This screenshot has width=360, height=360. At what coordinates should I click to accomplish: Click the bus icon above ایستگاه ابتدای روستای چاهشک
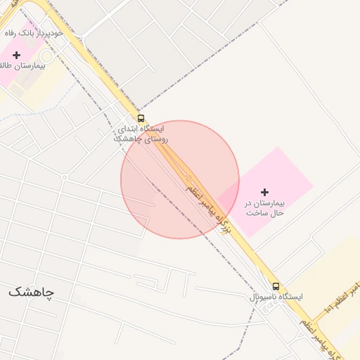[x=141, y=118]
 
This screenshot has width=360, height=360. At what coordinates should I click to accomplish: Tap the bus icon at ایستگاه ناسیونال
[x=276, y=286]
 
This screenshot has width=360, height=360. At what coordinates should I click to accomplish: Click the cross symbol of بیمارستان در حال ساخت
[x=264, y=192]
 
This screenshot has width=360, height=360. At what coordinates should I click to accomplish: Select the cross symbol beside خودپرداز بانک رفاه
[x=16, y=54]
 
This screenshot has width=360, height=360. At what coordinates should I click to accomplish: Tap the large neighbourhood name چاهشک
[x=31, y=291]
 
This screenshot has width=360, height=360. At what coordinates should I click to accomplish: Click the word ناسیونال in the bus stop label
[x=263, y=297]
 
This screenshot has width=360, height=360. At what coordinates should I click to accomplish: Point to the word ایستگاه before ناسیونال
[x=290, y=297]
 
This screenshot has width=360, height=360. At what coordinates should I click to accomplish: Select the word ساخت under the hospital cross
[x=250, y=212]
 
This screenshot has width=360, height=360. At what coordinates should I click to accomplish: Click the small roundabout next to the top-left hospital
[x=47, y=56]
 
